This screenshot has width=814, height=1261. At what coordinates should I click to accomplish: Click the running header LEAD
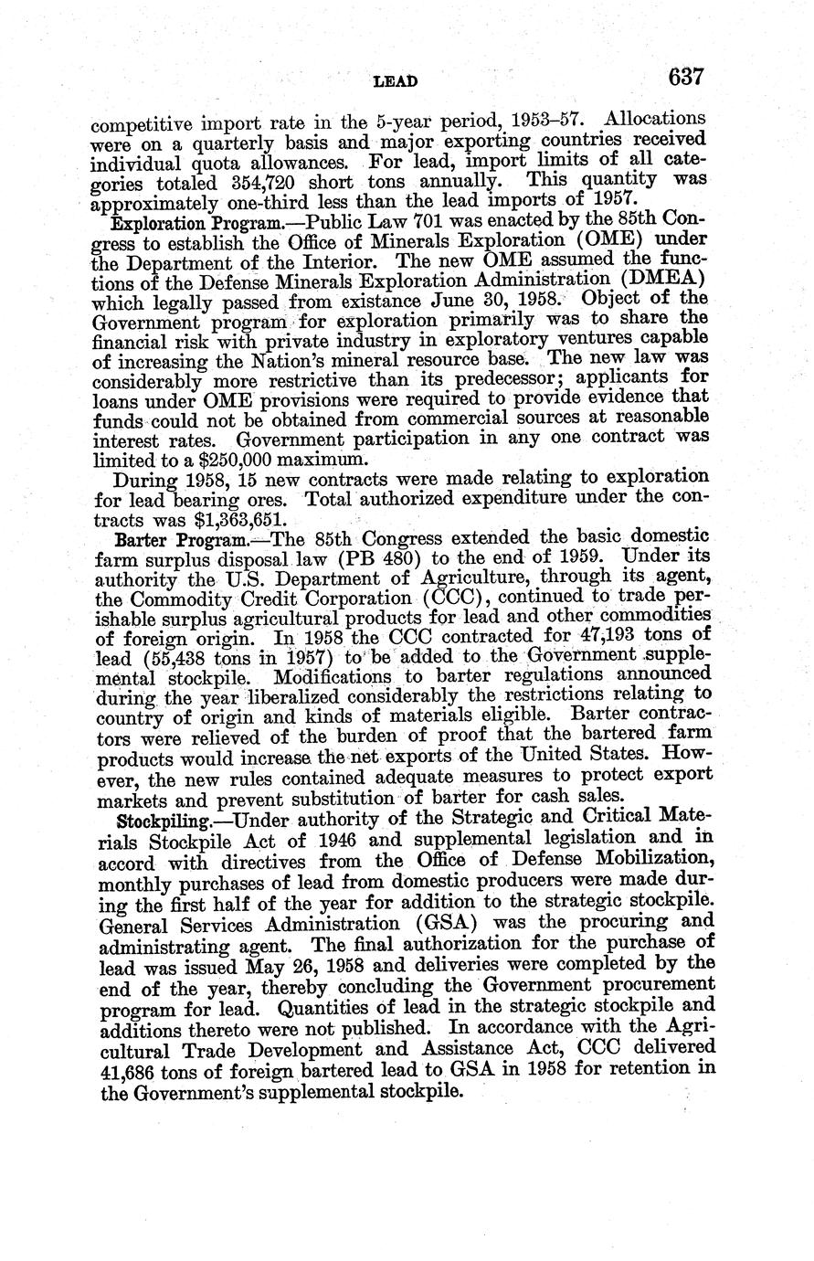(396, 81)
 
